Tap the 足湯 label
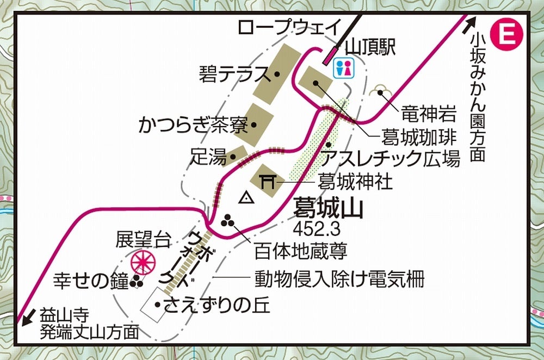pyautogui.click(x=207, y=157)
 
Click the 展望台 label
pyautogui.click(x=143, y=239)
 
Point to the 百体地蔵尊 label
pyautogui.click(x=301, y=252)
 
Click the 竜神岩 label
pyautogui.click(x=428, y=114)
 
